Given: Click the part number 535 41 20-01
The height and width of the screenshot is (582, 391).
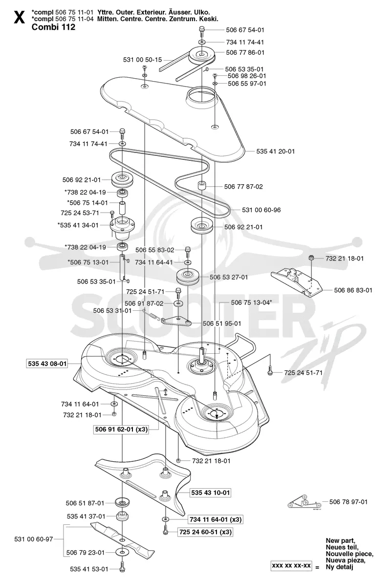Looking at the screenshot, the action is [x=275, y=151].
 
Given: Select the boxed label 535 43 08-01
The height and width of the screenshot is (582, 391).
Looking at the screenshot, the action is [x=47, y=364].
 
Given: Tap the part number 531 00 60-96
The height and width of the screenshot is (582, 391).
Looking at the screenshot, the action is [x=261, y=210].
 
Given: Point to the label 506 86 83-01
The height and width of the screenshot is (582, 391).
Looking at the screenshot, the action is [x=353, y=290].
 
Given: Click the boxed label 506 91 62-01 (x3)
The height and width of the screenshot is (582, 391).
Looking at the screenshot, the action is [x=121, y=430].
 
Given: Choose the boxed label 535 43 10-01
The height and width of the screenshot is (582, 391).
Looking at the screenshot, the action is [x=210, y=493].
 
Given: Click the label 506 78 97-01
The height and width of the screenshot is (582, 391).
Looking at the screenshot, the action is [x=348, y=502].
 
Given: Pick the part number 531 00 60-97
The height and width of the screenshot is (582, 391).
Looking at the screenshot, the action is [x=34, y=539].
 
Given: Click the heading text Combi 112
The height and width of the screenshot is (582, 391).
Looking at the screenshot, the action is [x=53, y=27].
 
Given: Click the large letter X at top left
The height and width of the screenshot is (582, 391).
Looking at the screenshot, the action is [x=19, y=17].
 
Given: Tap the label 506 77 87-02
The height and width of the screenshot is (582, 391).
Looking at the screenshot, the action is [x=243, y=187].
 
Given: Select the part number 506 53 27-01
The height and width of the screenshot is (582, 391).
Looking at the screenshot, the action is [x=229, y=277].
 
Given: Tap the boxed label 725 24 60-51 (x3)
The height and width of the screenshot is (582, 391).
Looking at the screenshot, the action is [x=205, y=532].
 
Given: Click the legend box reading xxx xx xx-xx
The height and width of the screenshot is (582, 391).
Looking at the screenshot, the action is [x=291, y=566].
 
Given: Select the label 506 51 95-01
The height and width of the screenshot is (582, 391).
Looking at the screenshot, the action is [x=222, y=323].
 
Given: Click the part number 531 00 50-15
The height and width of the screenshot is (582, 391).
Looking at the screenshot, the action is [x=143, y=60].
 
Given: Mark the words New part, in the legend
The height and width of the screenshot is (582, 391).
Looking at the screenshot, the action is [x=341, y=541].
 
